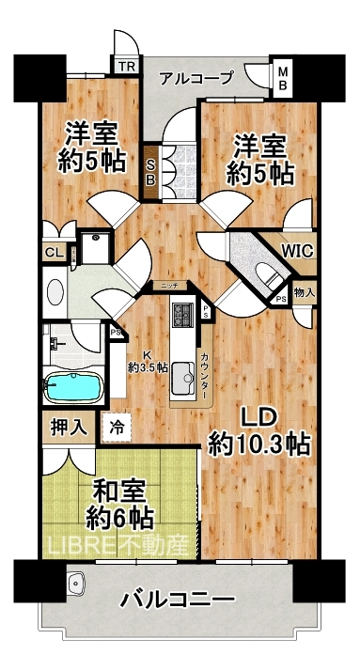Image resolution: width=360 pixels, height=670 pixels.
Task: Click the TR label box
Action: pos(126,66)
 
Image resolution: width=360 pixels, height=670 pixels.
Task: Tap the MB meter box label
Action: pos(283,78)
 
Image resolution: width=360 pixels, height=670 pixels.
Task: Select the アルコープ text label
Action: pos(196,78)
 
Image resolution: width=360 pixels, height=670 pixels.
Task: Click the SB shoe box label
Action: pos(150,173)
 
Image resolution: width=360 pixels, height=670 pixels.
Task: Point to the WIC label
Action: pos(298,250)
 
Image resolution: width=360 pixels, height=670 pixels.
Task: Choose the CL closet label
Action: pos(55,252)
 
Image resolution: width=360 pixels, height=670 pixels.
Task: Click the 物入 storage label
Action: pos(305,292)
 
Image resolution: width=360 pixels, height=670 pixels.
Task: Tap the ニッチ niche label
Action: pos(170,285)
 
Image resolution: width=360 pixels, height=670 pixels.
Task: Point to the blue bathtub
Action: pos(74,387)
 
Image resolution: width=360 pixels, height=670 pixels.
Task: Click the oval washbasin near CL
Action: pos(55,292)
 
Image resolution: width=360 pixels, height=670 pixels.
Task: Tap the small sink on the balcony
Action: pos(76,582)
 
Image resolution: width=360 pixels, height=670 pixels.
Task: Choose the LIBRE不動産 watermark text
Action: pos(118,545)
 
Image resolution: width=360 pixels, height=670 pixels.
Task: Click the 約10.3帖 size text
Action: pos(259,445)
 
